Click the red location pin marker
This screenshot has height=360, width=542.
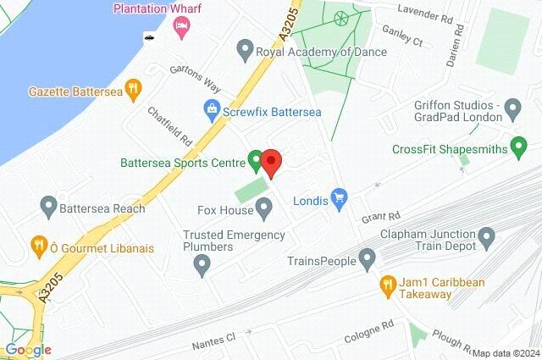tap(271, 161)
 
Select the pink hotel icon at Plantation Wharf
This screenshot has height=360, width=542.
tap(181, 29)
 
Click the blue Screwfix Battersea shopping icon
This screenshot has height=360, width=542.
tap(211, 108)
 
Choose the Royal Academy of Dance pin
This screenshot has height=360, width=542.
tap(246, 50)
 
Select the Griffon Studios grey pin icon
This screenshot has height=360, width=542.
tap(512, 108)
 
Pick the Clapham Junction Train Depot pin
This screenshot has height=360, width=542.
tap(486, 236)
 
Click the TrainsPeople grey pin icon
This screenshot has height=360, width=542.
tap(367, 258)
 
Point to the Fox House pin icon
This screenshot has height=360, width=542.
tap(264, 207)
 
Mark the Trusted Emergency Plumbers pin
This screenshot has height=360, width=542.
tap(202, 267)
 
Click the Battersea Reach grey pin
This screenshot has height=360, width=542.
tap(48, 206)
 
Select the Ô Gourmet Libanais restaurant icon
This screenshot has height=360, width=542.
tap(38, 246)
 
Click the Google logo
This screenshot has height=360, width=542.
tap(27, 350)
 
